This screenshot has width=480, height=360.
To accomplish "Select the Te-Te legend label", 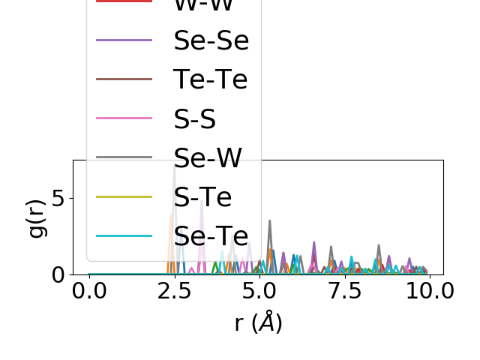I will (x=210, y=79).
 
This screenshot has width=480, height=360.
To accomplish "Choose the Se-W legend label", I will (x=208, y=157).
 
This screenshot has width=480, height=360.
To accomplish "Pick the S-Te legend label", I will (x=202, y=196).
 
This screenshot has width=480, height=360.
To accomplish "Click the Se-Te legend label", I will (x=211, y=235).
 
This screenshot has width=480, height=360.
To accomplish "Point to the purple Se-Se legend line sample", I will (x=124, y=40).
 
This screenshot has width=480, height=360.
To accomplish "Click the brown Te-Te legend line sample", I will (x=124, y=79).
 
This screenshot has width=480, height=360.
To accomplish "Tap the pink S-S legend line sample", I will (x=124, y=118).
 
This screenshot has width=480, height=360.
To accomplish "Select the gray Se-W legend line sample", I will (x=124, y=157).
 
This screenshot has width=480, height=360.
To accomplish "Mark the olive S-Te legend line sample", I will (x=124, y=196).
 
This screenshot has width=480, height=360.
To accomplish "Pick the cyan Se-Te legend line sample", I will (x=124, y=235).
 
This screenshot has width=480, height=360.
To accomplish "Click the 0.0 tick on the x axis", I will (x=89, y=291).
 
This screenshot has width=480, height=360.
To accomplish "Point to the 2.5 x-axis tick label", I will (x=174, y=291).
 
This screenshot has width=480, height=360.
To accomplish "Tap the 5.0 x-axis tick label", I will (x=259, y=291).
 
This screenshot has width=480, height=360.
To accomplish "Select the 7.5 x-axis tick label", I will (x=344, y=291).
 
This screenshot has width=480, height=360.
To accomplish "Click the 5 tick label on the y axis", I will (x=58, y=199).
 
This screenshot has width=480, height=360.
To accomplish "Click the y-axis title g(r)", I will (x=37, y=217).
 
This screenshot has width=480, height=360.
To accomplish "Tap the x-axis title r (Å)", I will (x=259, y=322).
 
